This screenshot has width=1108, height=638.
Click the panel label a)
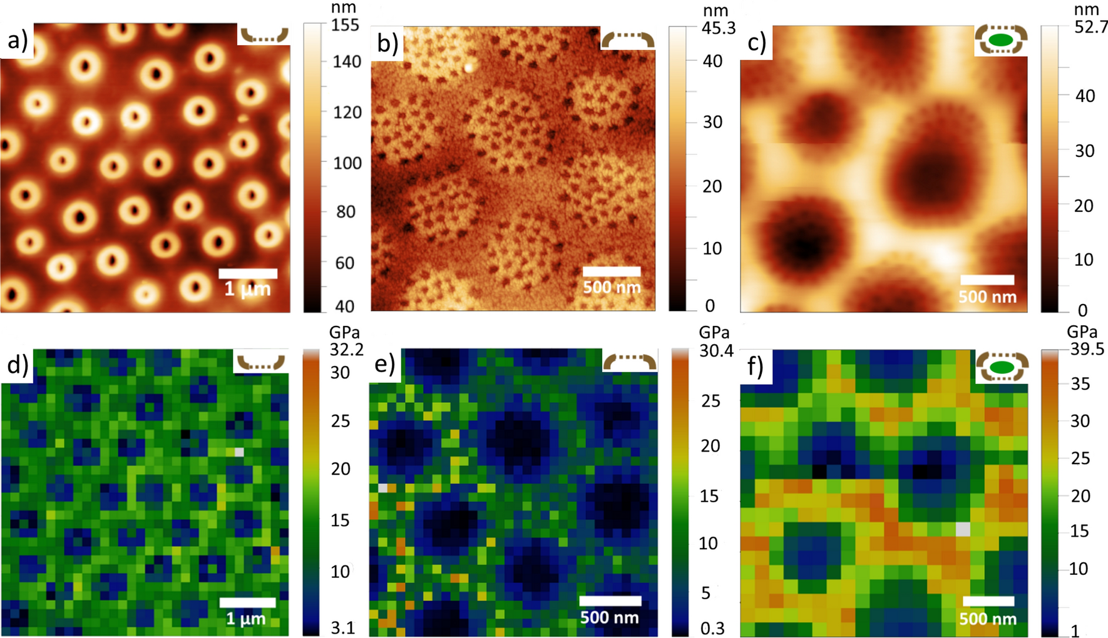(x=17, y=41)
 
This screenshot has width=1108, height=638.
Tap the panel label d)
(x=17, y=365)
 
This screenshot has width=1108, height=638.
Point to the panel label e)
(x=384, y=364)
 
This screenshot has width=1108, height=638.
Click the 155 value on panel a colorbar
(x=346, y=25)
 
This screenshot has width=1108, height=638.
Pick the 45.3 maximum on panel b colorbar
(x=719, y=28)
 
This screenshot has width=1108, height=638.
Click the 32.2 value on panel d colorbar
(x=346, y=349)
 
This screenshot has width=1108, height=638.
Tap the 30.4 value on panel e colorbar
(x=716, y=351)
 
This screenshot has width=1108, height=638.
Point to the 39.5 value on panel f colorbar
(x=1087, y=349)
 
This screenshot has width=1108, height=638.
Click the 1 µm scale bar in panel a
(x=248, y=273)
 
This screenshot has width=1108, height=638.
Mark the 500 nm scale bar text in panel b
(x=612, y=288)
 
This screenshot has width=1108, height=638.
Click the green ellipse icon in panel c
(x=1000, y=41)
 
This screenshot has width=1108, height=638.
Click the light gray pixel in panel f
(x=963, y=529)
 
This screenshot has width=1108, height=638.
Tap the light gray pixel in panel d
(x=239, y=452)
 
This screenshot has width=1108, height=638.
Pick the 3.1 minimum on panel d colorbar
(x=342, y=628)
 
